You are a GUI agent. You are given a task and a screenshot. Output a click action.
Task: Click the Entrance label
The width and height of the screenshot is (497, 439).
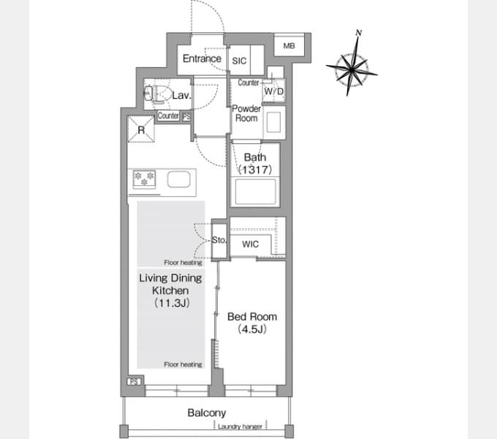point(202,59)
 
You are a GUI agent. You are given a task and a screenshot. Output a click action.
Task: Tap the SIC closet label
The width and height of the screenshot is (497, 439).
point(239,61)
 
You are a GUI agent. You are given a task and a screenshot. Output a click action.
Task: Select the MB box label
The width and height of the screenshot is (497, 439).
point(289,46)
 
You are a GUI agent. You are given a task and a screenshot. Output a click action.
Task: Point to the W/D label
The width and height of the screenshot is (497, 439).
point(274,91)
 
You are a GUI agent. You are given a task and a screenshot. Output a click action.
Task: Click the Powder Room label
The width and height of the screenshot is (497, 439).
point(246,113)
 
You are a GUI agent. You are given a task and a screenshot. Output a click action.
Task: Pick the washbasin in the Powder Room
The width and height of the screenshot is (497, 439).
point(273,122)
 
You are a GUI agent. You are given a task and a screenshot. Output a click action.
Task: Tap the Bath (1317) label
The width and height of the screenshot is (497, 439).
point(255,164)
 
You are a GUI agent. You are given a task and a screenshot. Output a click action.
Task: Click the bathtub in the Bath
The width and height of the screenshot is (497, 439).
point(255,192)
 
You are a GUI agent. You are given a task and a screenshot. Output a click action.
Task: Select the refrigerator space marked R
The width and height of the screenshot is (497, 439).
point(141,129)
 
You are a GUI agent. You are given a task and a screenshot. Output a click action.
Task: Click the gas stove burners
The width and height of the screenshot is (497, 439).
point(144,179)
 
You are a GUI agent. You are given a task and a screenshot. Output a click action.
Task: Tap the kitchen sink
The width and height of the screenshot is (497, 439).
point(179,179)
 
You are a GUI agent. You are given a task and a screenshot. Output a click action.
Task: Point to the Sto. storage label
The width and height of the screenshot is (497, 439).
point(219,240)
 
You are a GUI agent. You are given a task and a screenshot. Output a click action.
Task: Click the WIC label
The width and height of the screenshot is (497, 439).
point(250,244)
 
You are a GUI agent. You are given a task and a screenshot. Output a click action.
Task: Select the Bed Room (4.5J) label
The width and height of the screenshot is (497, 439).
point(252,323)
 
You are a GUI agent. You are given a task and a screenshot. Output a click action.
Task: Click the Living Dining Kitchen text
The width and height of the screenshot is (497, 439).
point(170,284)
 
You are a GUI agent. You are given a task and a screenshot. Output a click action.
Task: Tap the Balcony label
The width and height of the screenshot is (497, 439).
point(207,413)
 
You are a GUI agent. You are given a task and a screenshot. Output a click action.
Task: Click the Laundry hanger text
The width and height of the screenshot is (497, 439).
point(240,427)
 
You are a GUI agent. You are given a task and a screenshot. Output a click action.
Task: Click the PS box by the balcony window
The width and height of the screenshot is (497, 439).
point(134,382)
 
